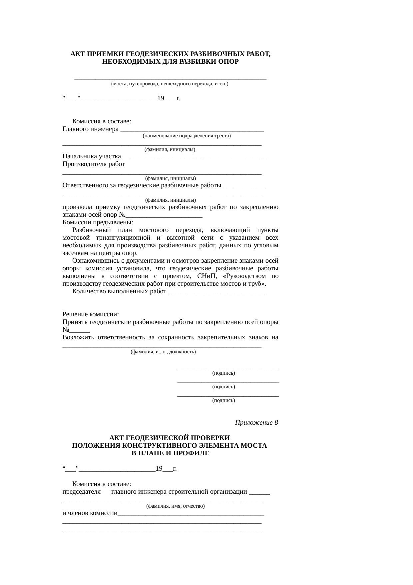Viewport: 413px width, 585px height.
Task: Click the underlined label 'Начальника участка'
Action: pyautogui.click(x=92, y=156)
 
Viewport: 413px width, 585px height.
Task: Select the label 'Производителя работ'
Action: pyautogui.click(x=94, y=164)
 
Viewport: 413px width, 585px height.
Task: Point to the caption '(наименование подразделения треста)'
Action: pyautogui.click(x=187, y=136)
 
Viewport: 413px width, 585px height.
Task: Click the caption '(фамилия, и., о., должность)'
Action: pyautogui.click(x=163, y=352)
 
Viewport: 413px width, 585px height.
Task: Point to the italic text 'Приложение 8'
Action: pyautogui.click(x=256, y=423)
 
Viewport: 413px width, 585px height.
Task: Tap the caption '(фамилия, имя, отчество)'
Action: pyautogui.click(x=175, y=506)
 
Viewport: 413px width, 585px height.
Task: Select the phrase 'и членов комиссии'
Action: pyautogui.click(x=90, y=513)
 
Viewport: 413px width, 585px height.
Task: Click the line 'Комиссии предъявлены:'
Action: pyautogui.click(x=98, y=222)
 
